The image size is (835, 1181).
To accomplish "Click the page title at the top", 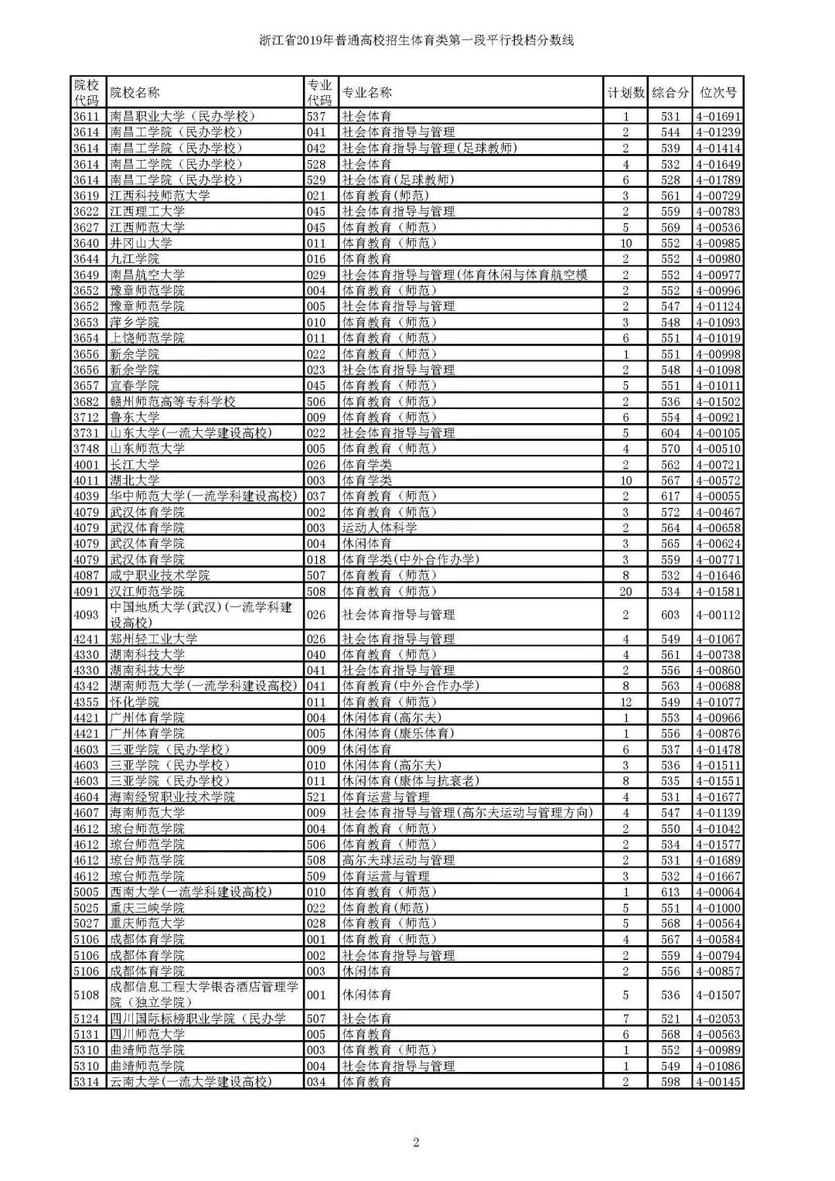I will (417, 40).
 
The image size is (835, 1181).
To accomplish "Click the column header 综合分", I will (670, 93).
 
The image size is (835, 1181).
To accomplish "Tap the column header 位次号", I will (718, 93).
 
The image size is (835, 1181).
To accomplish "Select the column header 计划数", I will (625, 93).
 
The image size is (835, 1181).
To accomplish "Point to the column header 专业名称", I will (367, 93).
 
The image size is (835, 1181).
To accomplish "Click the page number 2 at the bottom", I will (416, 1142).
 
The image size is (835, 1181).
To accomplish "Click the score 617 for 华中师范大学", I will (670, 496).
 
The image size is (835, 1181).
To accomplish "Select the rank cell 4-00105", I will (718, 433).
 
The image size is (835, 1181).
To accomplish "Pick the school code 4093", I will (86, 615).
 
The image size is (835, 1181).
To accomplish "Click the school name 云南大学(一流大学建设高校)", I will (191, 1081).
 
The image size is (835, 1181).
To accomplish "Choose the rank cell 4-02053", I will (718, 1019).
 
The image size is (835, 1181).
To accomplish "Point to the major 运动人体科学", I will (380, 527).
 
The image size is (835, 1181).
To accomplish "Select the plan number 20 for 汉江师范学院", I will (625, 591).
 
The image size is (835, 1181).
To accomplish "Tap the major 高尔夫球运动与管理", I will (398, 860).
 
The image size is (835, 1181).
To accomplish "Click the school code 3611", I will (86, 116).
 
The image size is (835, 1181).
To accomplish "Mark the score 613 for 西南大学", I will (670, 892).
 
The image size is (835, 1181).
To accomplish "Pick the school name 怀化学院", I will (135, 701).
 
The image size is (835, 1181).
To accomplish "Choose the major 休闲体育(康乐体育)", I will (398, 733).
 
